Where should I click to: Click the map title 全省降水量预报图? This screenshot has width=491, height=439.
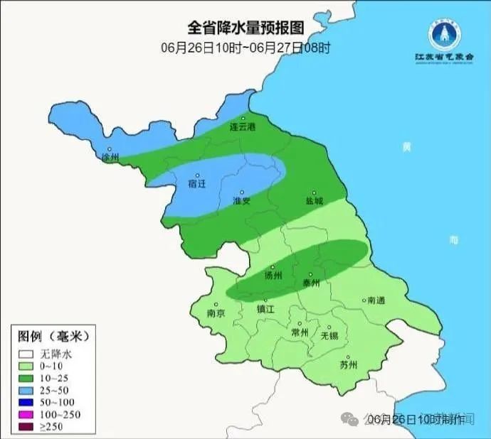245,28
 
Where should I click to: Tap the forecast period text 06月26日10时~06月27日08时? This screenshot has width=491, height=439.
245,48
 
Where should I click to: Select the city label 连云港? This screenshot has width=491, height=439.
242,127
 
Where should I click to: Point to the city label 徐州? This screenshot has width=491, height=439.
110,157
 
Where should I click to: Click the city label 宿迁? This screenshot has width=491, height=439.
197,183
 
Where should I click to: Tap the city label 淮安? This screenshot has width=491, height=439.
242,201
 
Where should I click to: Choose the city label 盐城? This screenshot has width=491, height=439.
314,201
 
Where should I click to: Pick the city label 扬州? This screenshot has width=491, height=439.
273,276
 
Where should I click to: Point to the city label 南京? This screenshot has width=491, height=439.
216,313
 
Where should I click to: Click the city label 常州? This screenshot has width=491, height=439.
300,332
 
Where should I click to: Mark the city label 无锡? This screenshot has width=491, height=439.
329,335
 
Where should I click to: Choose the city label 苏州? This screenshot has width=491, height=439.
348,366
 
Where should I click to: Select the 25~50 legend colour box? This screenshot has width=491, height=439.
26,390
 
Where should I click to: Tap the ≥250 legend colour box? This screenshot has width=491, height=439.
26,426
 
